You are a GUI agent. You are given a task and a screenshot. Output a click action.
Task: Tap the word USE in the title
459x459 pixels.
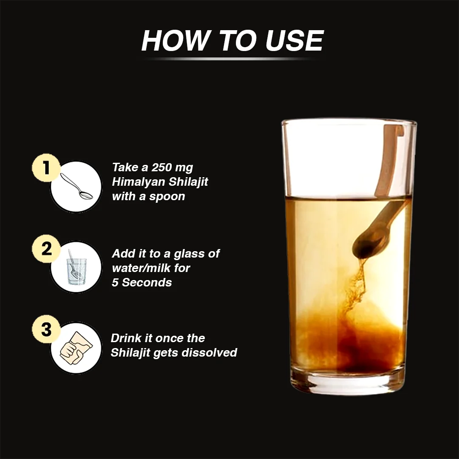[295, 40]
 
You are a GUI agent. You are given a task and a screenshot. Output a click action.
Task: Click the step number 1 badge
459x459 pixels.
[46, 168]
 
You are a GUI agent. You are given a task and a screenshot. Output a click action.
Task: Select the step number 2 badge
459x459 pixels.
[46, 249]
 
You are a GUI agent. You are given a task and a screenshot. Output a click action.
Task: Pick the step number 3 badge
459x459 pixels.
[46, 329]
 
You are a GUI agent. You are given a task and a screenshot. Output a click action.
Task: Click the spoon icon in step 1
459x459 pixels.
[76, 187]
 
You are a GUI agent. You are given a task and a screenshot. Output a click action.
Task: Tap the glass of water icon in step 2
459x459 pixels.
[76, 268]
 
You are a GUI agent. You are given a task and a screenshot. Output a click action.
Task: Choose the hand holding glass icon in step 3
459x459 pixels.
[76, 348]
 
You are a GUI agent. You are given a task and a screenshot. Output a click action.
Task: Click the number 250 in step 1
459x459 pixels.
[161, 167]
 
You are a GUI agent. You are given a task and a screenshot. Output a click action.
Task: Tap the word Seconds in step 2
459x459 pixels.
[147, 283]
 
